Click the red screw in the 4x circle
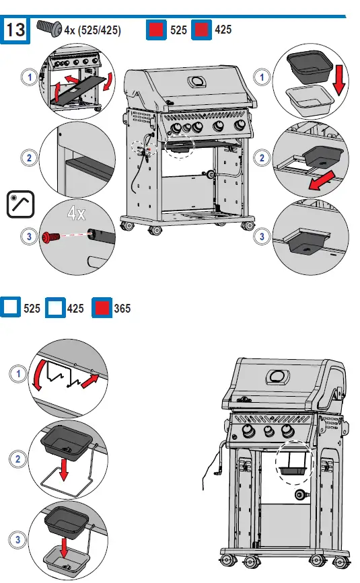coord(50,237)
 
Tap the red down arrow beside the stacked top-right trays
coord(342,79)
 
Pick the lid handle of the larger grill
coord(196,82)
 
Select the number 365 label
coord(122,309)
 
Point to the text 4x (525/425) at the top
coord(92,30)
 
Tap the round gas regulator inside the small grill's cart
coord(299,497)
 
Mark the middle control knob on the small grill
coord(270,432)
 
